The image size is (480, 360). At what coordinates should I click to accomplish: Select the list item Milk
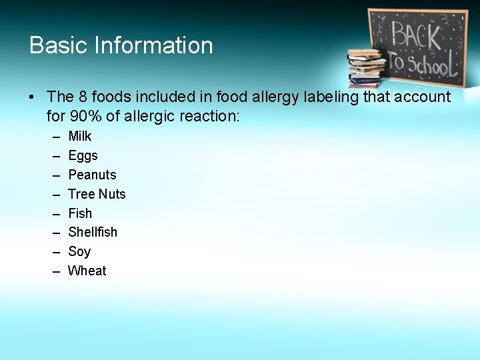click(80, 136)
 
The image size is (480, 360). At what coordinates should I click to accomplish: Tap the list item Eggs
click(83, 155)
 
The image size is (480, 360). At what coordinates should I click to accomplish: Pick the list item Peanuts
click(92, 175)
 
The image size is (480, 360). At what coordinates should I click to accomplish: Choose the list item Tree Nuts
click(97, 194)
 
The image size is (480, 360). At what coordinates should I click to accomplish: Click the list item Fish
click(80, 213)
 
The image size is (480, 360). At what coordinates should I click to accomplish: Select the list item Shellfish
click(93, 232)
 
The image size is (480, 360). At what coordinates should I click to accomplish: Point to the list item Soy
click(79, 251)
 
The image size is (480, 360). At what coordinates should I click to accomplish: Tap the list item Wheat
click(87, 271)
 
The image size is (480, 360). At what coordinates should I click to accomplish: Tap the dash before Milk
click(54, 136)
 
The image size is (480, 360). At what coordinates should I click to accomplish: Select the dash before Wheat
click(54, 271)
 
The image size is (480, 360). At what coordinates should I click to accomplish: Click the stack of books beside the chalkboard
click(366, 67)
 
